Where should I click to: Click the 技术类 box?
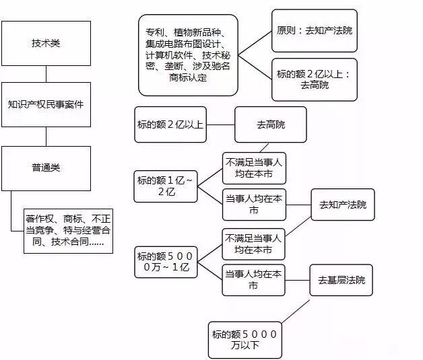46,42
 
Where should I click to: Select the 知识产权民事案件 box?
46,105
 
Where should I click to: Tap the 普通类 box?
46,168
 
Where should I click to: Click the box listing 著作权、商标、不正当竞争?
65,229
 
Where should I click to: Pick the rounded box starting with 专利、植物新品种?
188,55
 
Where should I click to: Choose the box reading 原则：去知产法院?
315,31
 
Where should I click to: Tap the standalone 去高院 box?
271,124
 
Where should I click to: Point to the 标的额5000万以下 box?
244,340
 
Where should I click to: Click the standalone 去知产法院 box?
343,205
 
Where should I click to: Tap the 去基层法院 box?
341,280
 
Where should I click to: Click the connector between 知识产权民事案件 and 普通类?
46,136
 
